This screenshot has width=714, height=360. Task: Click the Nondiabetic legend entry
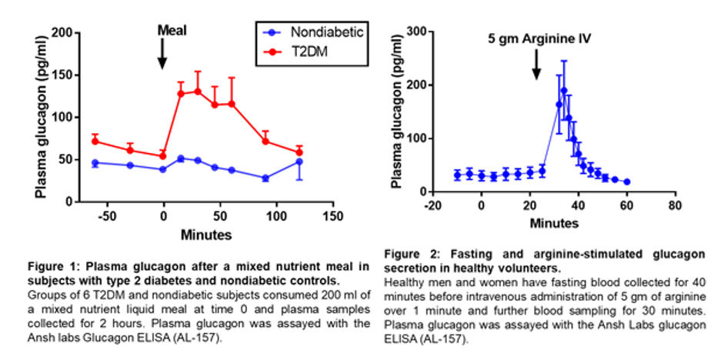(318, 32)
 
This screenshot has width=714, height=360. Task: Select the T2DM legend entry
(304, 51)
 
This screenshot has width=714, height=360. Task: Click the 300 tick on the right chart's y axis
(420, 31)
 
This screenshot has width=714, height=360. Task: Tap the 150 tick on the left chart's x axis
(332, 215)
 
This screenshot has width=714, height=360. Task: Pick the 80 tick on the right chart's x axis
(674, 207)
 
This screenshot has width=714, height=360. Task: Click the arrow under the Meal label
(162, 53)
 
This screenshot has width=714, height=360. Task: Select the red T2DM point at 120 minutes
(299, 152)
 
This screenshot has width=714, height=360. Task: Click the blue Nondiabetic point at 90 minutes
(265, 178)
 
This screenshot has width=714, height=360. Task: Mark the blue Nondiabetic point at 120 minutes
(299, 162)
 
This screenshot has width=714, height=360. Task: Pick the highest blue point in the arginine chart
(563, 90)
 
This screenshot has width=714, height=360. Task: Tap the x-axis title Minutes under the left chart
(205, 233)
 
